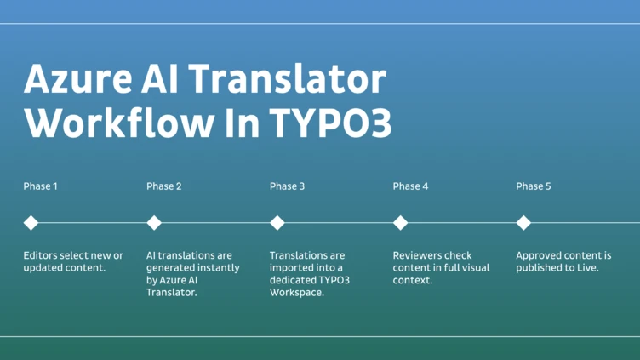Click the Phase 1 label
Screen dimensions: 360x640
click(x=40, y=186)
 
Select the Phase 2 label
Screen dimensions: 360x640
click(x=163, y=186)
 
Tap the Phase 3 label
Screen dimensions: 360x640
click(x=287, y=186)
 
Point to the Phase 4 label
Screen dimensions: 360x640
click(x=410, y=186)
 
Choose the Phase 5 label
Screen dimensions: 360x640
click(x=534, y=186)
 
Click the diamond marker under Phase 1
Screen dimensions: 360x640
click(x=31, y=223)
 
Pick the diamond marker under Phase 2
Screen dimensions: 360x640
click(x=154, y=223)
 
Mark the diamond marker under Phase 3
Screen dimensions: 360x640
click(x=277, y=223)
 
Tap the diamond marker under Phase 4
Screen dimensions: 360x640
click(x=400, y=223)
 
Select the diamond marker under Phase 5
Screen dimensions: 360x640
click(x=523, y=223)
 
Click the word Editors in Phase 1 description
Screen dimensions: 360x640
click(x=42, y=255)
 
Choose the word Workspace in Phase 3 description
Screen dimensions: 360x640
click(x=297, y=293)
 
